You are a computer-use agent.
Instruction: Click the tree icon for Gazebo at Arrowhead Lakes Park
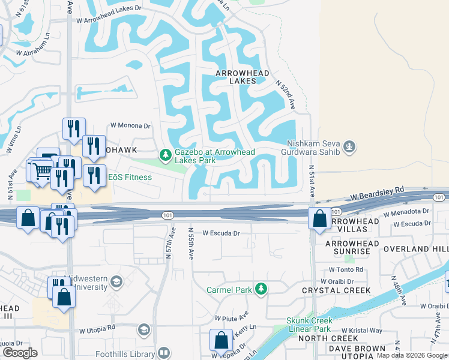coord(165,155)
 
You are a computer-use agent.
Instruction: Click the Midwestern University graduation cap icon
coord(116,282)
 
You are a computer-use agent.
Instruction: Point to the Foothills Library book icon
coord(163,354)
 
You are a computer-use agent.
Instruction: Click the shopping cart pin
coord(42,171)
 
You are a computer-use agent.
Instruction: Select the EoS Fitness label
coord(130,177)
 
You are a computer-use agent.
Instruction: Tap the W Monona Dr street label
coord(130,126)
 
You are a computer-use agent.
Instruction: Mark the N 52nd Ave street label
coord(286,93)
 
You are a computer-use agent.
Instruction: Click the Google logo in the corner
coord(20,352)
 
